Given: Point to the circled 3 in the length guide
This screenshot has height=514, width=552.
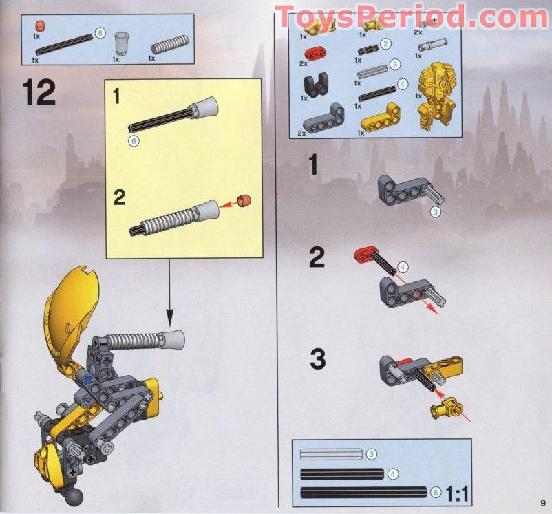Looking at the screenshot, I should click(370, 454).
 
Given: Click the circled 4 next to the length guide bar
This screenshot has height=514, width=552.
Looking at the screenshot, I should click(392, 473).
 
